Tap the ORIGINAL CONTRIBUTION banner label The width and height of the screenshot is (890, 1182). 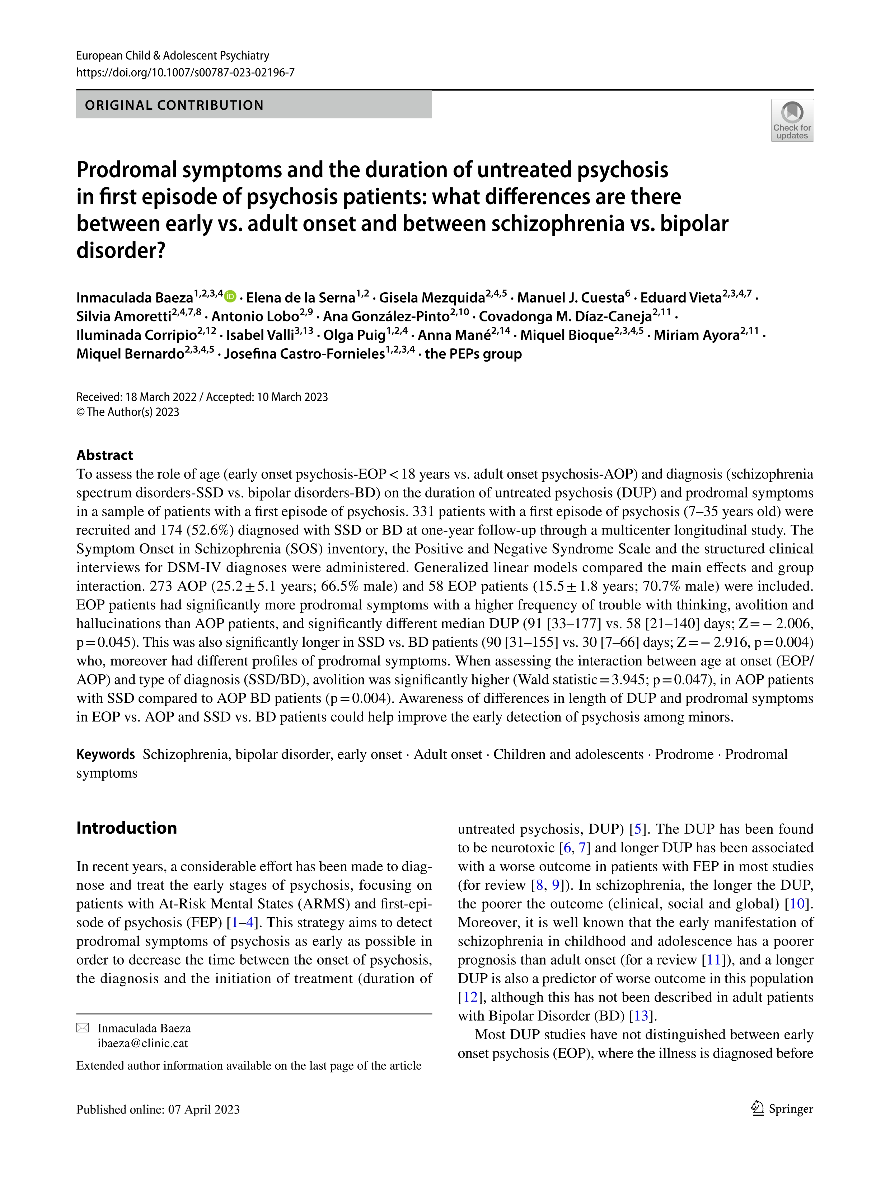click(174, 105)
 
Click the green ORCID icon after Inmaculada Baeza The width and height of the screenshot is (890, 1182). click(230, 296)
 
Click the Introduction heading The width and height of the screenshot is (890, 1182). click(126, 828)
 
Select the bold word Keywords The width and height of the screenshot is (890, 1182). click(105, 754)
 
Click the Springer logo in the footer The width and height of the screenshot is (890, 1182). click(782, 1109)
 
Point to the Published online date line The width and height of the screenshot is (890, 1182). click(158, 1109)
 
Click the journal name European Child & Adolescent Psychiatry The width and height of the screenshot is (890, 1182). click(173, 56)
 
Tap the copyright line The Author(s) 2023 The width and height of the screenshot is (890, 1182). click(128, 412)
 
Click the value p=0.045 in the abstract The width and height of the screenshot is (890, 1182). click(104, 642)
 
